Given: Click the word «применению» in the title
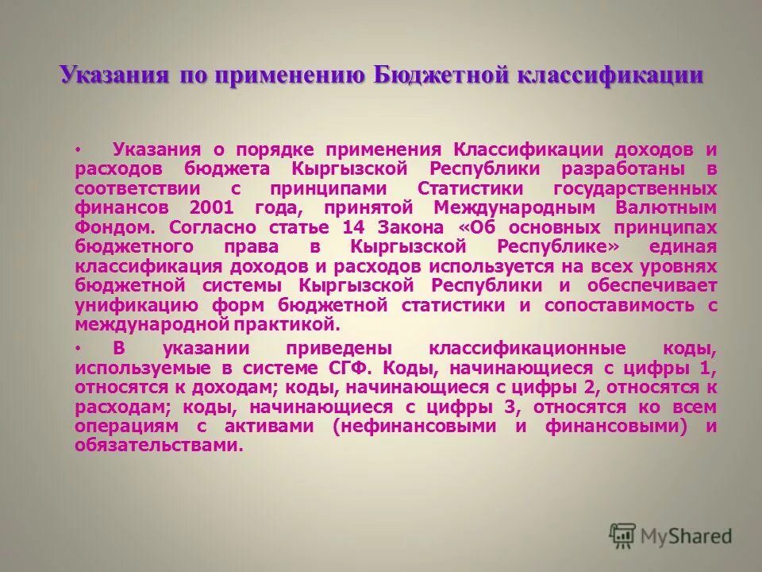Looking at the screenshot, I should click(x=285, y=75).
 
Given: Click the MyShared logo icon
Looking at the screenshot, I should click(x=623, y=535).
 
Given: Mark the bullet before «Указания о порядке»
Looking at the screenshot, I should click(x=79, y=149).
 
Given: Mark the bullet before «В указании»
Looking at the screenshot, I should click(x=79, y=350).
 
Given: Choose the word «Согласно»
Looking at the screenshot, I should click(x=213, y=226).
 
